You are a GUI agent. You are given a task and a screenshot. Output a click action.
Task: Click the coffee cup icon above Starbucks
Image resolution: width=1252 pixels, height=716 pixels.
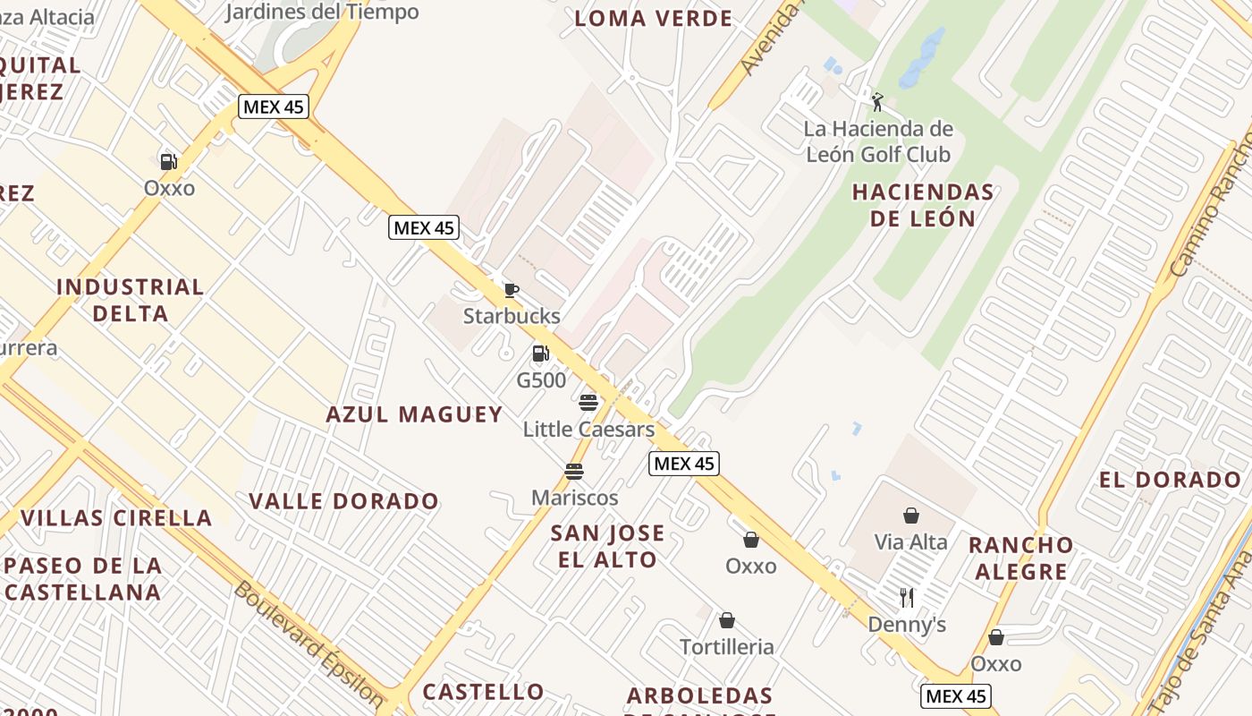click(x=511, y=290)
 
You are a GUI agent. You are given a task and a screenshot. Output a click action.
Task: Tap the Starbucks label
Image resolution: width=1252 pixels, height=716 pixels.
click(x=512, y=316)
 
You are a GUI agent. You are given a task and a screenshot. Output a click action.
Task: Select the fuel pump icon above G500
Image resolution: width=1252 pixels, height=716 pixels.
click(x=540, y=354)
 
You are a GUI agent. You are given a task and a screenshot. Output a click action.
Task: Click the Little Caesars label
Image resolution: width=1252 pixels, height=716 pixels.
click(x=588, y=430)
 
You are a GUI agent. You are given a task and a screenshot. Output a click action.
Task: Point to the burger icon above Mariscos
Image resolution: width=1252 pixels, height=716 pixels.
click(x=574, y=472)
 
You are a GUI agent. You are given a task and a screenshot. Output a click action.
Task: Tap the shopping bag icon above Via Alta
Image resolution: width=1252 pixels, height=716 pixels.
click(x=910, y=516)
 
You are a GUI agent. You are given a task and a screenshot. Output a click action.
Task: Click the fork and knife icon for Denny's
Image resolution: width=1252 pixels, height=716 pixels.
click(x=907, y=598)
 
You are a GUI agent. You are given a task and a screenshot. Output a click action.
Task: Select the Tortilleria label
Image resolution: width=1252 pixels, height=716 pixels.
click(x=726, y=647)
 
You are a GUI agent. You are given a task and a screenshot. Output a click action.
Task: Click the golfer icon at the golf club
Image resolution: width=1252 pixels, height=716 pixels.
click(x=877, y=102)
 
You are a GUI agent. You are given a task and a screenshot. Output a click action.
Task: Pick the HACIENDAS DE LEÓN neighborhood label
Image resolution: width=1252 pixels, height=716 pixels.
click(x=923, y=205)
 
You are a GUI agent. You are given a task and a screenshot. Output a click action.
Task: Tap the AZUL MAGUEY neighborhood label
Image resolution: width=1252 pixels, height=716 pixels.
click(x=414, y=414)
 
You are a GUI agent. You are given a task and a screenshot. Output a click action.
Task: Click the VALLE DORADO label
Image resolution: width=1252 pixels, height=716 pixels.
click(x=343, y=501)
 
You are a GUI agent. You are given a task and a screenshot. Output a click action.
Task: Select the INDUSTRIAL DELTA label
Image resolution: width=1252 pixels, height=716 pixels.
click(x=131, y=300)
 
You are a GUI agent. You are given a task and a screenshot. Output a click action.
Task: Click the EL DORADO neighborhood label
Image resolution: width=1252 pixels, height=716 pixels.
click(x=1170, y=480)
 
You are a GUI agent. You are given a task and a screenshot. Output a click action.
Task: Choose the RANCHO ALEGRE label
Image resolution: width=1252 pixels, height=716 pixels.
click(x=1021, y=558)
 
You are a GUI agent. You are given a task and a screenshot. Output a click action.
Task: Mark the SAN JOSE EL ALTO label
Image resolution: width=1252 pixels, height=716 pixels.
click(x=607, y=546)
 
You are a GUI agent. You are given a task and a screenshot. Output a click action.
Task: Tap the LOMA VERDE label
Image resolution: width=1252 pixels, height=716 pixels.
click(x=653, y=19)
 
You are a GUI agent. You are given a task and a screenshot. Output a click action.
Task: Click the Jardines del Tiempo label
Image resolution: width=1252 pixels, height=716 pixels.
click(x=322, y=12)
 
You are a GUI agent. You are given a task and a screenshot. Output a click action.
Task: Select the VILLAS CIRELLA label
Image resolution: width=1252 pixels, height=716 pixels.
click(x=116, y=518)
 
